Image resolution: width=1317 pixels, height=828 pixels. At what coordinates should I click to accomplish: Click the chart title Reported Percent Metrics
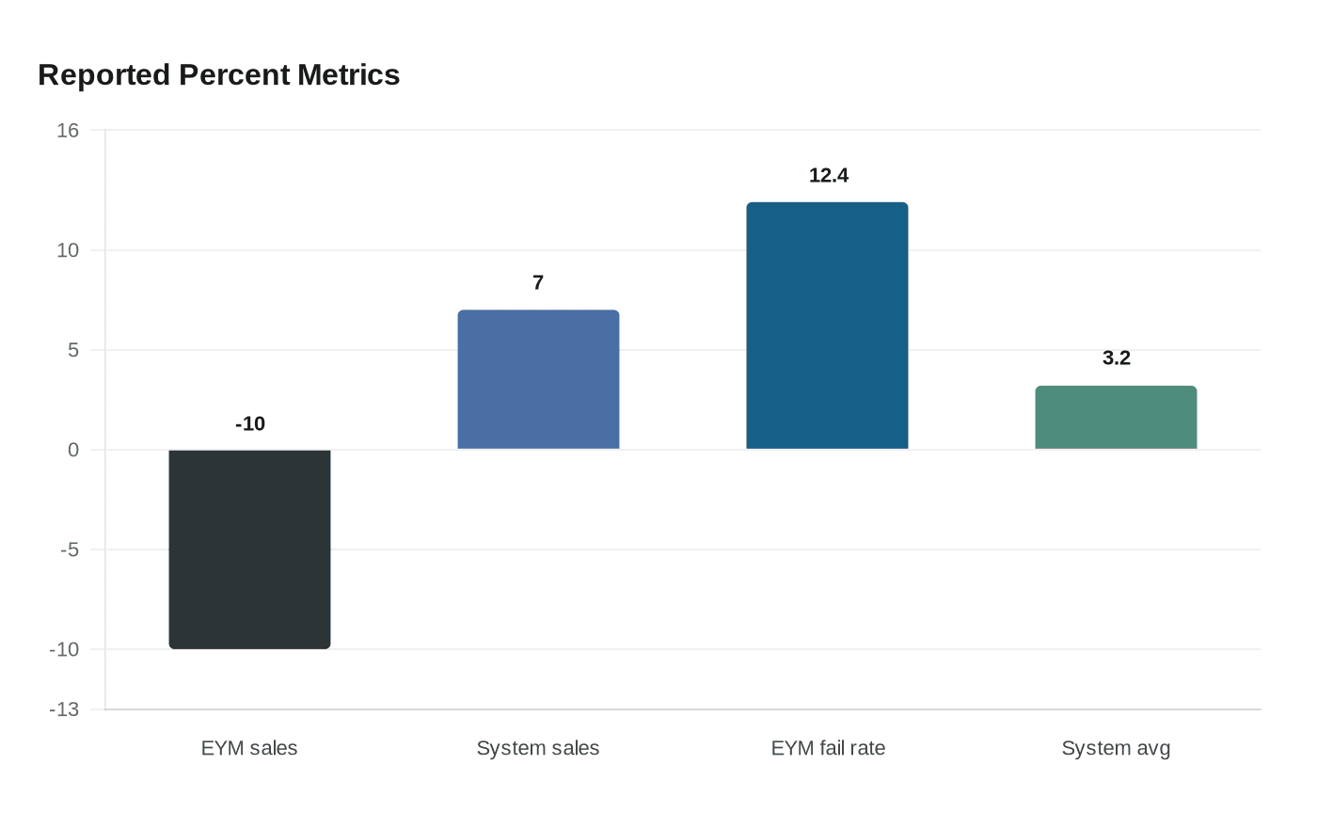(x=219, y=75)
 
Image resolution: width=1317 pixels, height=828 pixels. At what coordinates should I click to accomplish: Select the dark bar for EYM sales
(x=249, y=549)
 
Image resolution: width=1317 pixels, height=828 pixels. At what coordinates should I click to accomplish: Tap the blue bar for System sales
(x=538, y=380)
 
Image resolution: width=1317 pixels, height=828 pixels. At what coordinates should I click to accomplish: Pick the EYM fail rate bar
(x=827, y=326)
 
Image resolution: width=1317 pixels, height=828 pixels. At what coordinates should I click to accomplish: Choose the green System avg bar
(x=1116, y=418)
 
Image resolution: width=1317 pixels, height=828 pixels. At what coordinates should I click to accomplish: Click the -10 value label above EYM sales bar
(x=250, y=424)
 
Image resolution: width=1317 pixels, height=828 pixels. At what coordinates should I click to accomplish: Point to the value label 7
(x=538, y=283)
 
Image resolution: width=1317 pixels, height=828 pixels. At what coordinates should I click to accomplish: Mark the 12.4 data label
(x=829, y=176)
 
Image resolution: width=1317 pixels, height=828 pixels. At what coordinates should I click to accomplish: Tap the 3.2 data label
(x=1117, y=358)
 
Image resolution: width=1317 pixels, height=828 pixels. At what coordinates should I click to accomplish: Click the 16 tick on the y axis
(x=68, y=131)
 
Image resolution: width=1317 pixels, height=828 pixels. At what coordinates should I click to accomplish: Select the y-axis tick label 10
(x=68, y=250)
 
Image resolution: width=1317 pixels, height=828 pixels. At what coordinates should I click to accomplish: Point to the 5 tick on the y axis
(x=72, y=350)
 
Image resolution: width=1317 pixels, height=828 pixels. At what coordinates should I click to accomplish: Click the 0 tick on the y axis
(x=73, y=450)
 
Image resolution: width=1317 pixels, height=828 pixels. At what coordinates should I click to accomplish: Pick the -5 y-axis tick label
(x=70, y=549)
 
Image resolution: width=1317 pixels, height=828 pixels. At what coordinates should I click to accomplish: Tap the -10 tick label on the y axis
(x=64, y=649)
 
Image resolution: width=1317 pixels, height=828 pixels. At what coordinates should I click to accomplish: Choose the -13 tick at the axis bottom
(x=64, y=709)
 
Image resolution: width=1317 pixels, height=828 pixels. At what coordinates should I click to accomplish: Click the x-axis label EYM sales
(x=249, y=748)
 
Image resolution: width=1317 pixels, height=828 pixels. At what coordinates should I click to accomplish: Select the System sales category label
(x=538, y=748)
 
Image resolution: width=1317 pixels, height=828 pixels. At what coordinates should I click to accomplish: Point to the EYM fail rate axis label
(x=828, y=748)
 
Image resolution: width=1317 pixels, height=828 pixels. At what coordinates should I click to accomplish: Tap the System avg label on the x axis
(x=1116, y=748)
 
